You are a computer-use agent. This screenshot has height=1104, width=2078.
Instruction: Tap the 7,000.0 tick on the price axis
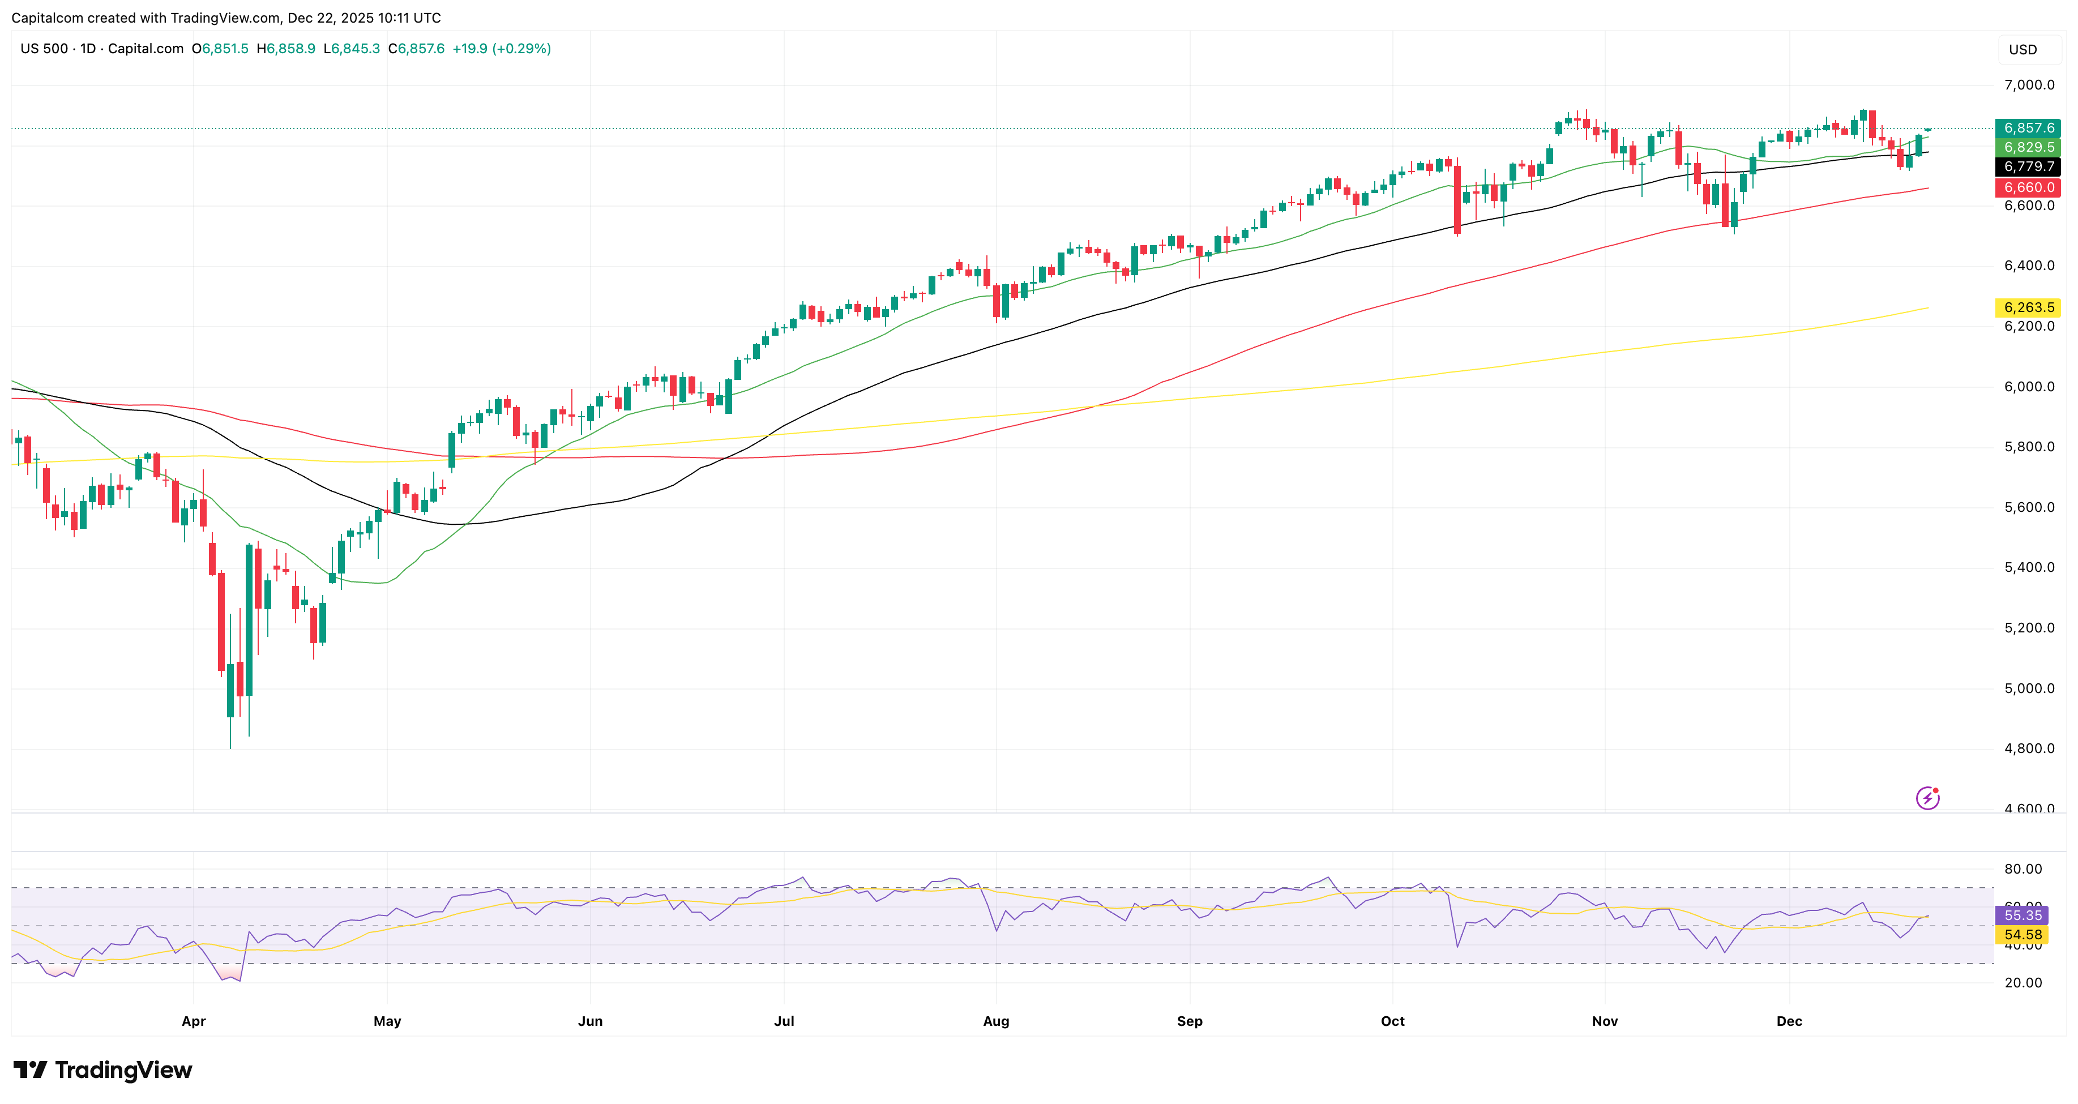coord(2029,85)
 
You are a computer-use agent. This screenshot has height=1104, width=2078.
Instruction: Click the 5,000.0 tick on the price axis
coord(2029,688)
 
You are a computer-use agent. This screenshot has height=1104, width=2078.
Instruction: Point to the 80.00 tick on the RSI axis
coord(2023,868)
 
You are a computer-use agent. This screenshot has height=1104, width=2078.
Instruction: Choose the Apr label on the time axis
coord(194,1021)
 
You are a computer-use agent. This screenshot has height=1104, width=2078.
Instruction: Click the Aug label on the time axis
coord(995,1021)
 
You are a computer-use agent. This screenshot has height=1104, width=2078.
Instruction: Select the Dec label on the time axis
coord(1789,1021)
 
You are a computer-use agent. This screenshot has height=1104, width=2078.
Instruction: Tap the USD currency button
coord(2023,49)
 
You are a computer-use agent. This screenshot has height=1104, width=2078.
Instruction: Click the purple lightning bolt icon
coord(1927,798)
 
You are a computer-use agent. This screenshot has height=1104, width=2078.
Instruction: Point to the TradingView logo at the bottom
coord(102,1070)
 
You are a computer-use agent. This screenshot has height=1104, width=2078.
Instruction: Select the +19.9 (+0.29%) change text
coord(501,48)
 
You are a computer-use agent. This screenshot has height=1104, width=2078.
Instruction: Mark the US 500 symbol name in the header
coord(44,48)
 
